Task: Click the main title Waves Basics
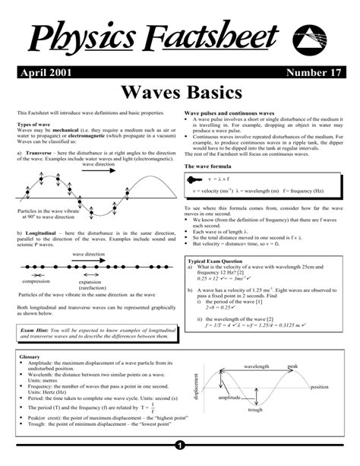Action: [x=181, y=94]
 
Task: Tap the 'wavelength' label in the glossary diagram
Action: [x=257, y=366]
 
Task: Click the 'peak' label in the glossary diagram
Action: [x=292, y=366]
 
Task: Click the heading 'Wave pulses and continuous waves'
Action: [x=230, y=112]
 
